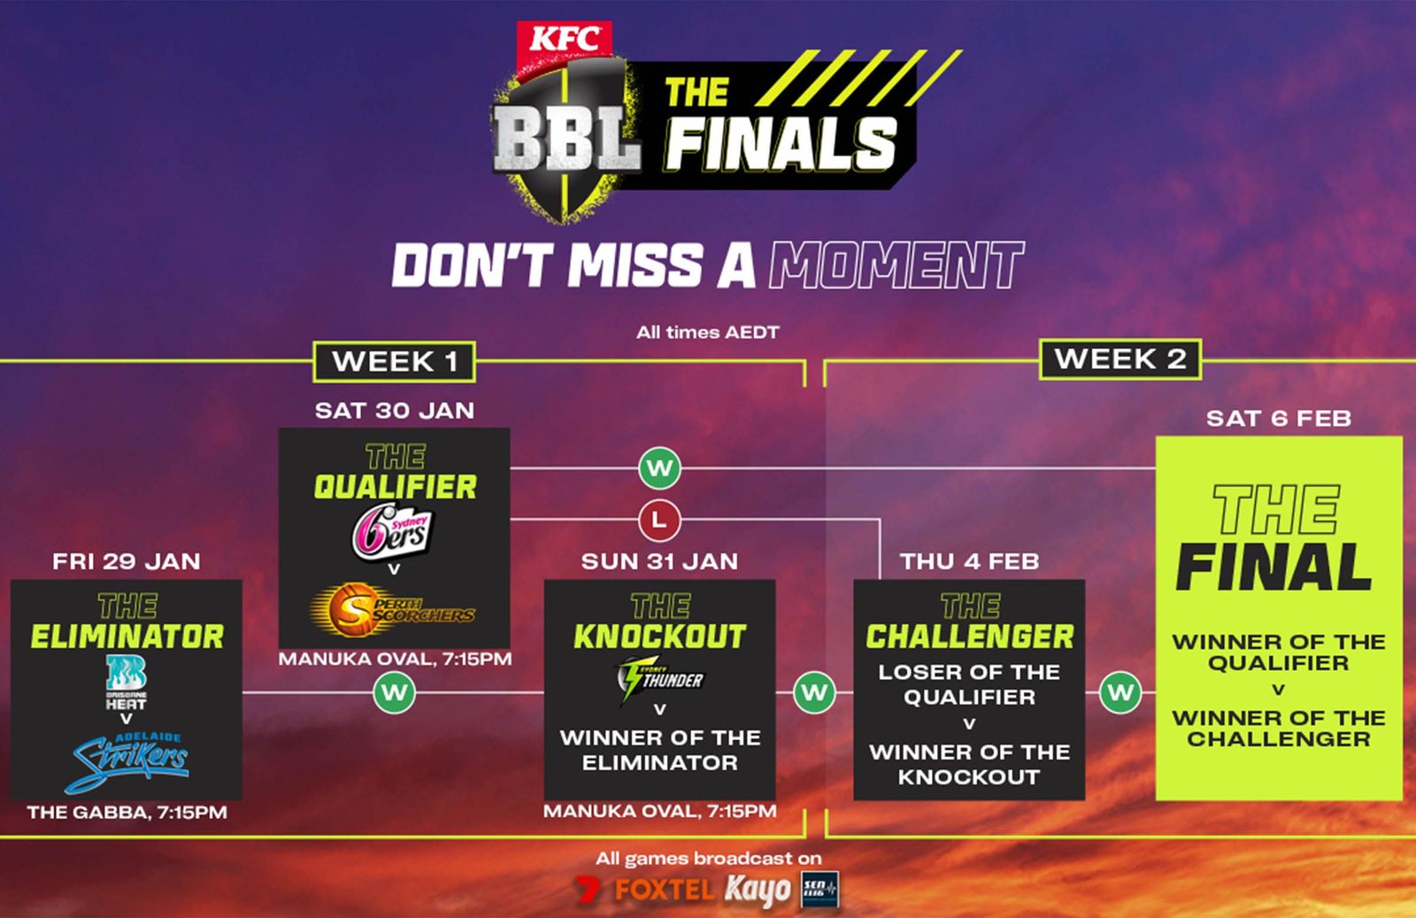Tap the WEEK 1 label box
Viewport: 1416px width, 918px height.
point(395,362)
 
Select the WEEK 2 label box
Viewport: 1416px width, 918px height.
point(1120,359)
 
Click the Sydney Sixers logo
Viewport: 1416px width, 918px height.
point(393,531)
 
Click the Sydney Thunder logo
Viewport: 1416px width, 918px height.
point(659,679)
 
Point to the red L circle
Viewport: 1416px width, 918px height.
point(659,521)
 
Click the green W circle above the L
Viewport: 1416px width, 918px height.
point(659,468)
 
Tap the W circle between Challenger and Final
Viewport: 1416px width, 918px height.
point(1120,692)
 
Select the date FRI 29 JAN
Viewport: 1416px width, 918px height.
point(127,561)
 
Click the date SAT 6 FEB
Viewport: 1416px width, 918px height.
point(1279,418)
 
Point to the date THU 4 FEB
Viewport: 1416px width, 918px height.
point(969,561)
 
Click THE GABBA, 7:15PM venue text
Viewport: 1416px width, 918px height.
point(127,813)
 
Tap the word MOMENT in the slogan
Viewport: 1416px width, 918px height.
point(896,265)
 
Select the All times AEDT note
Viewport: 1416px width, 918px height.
point(707,333)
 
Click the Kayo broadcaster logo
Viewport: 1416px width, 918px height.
point(758,890)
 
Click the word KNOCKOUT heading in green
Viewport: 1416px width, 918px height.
point(659,636)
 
